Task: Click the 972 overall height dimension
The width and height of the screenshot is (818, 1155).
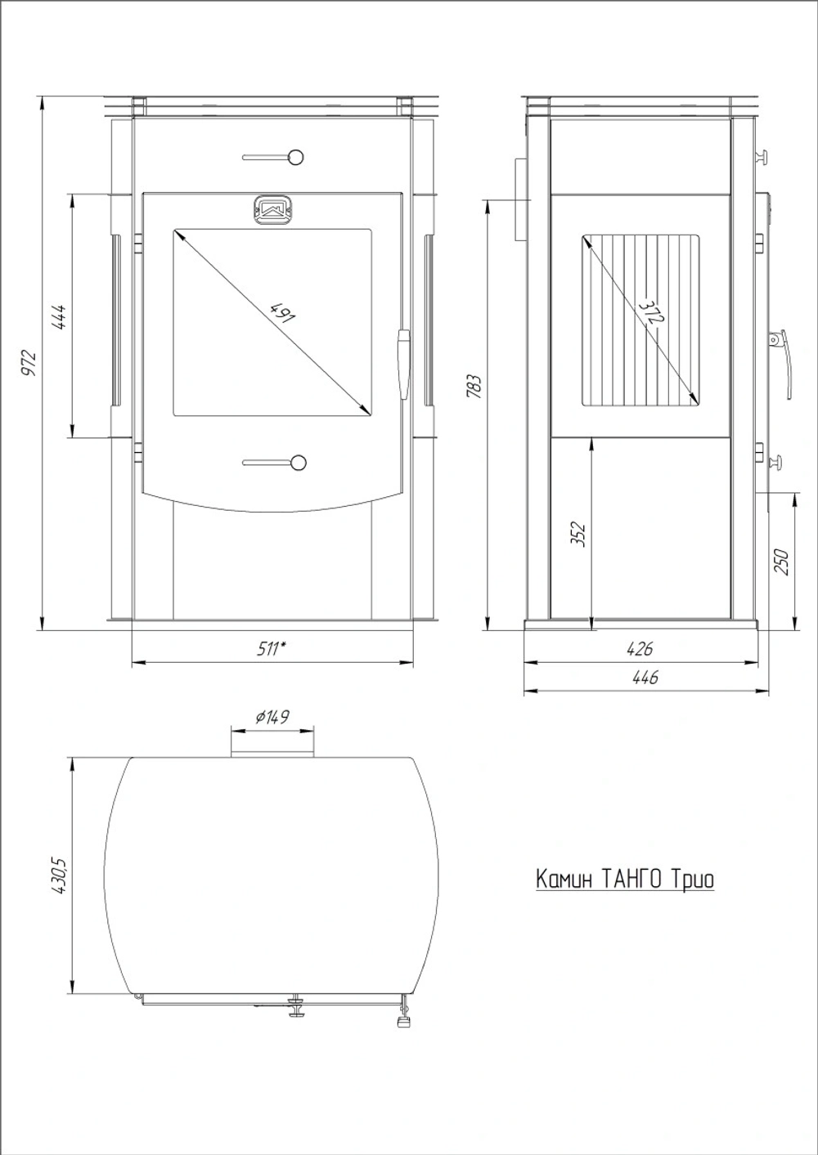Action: click(x=29, y=362)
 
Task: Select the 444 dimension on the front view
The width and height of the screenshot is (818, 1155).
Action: click(x=58, y=317)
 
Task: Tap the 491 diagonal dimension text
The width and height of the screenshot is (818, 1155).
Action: click(x=281, y=311)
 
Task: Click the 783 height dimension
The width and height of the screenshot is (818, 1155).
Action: click(x=474, y=386)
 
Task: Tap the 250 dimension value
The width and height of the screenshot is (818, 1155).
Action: click(x=781, y=562)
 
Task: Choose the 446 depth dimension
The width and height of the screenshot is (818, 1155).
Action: click(x=645, y=677)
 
